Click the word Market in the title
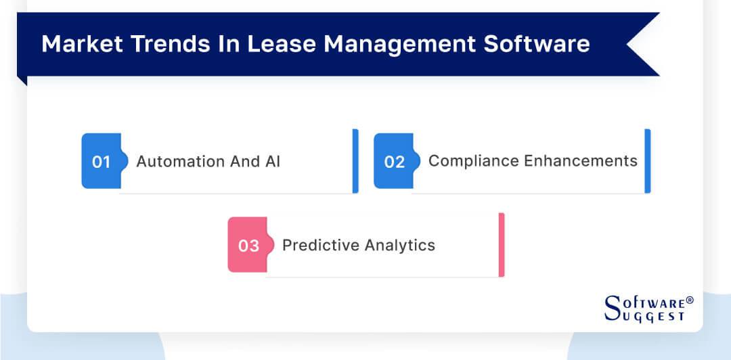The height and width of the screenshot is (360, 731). click(74, 44)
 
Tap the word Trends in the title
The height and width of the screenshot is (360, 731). click(154, 44)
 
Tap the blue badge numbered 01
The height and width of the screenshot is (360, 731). click(102, 162)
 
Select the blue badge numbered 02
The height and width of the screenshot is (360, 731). click(394, 162)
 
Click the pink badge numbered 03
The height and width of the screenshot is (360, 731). click(248, 246)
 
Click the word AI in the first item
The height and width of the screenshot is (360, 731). click(273, 162)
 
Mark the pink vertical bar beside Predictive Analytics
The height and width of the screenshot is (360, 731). click(502, 245)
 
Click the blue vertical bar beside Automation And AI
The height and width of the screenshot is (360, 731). click(355, 161)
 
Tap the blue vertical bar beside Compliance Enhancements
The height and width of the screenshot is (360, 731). click(648, 161)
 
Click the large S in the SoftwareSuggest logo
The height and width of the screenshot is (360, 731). click(612, 307)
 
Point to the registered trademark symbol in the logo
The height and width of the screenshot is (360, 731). click(690, 300)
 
